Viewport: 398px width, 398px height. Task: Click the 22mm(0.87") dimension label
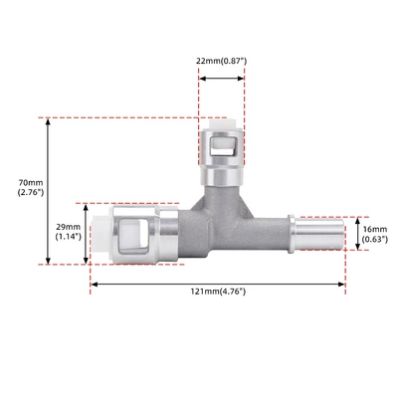click(221, 61)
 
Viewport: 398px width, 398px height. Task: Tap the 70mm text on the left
click(31, 182)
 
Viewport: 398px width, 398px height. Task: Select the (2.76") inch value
click(31, 192)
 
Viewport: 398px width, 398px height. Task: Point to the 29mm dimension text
click(68, 227)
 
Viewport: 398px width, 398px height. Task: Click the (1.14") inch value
click(68, 237)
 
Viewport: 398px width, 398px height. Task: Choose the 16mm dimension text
click(375, 229)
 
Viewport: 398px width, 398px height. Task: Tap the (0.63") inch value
click(375, 239)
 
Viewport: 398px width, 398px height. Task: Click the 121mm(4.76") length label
click(218, 292)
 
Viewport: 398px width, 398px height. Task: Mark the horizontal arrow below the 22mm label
click(222, 79)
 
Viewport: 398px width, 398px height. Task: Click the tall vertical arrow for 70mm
click(48, 191)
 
